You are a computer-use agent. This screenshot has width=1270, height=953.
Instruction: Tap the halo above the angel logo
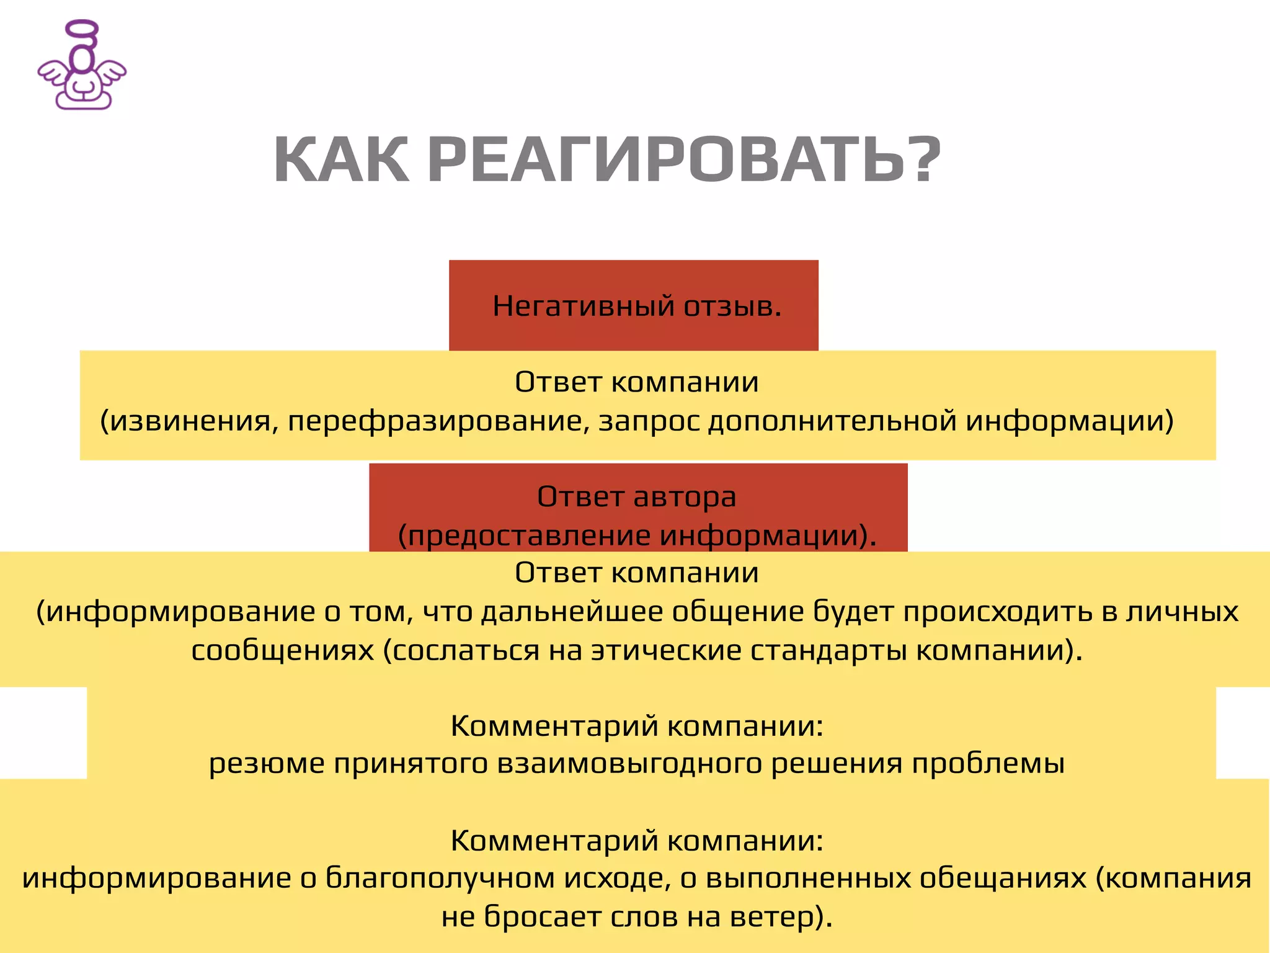click(82, 30)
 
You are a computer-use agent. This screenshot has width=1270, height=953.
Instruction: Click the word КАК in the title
click(341, 160)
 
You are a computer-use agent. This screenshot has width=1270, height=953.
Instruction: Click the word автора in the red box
click(685, 496)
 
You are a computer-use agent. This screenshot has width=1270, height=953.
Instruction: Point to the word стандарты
click(829, 650)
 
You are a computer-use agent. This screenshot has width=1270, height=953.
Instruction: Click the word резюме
click(267, 763)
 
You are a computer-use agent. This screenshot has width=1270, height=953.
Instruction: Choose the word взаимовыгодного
click(629, 763)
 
